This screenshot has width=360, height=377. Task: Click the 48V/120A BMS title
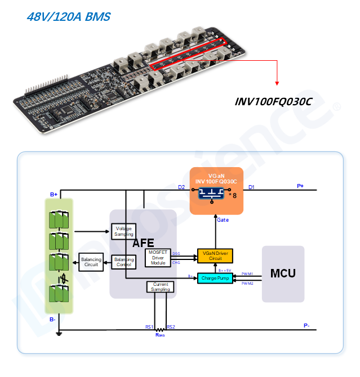pos(68,17)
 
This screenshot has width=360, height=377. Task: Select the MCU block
pos(283,273)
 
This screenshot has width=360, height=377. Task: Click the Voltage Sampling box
pos(123,231)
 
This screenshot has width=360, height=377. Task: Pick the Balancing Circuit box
pos(91,262)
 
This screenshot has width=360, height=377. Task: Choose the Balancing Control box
pos(123,262)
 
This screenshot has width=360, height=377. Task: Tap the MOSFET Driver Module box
pos(158,258)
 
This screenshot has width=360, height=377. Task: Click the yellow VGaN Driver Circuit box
pos(215,256)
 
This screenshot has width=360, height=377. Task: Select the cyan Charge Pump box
pos(215,277)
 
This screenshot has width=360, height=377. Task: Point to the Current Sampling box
pos(160,287)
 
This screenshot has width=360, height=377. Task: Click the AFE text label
pos(143,244)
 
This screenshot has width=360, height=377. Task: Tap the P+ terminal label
pos(300,186)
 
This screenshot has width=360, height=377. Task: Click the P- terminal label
pos(306,325)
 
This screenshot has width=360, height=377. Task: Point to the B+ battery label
pos(54,195)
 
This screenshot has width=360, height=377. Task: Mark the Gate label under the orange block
pos(223,220)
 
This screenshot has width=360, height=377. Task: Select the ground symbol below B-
pos(59,335)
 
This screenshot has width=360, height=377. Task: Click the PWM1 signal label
pos(247,273)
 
